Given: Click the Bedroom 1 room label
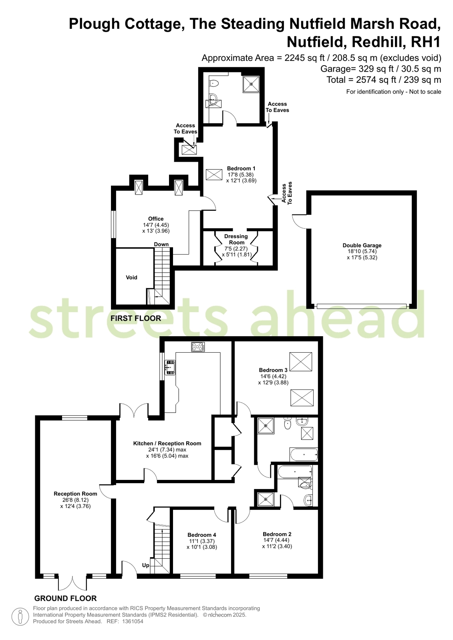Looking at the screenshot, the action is click(241, 169).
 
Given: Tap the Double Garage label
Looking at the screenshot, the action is click(362, 245).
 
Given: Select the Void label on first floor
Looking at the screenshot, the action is click(131, 277).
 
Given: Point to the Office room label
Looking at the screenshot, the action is click(156, 219).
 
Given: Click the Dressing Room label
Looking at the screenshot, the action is click(236, 239).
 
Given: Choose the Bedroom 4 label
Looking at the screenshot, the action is click(201, 535).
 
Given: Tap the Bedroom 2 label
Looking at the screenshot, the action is click(277, 534).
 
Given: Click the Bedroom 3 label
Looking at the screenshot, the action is click(273, 370).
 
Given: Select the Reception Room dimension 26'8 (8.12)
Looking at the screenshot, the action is click(75, 500).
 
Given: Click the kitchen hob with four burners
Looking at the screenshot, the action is click(198, 347).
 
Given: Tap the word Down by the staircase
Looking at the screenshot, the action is click(161, 244).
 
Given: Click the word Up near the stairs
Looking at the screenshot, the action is click(145, 566).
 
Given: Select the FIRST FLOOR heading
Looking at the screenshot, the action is click(136, 318).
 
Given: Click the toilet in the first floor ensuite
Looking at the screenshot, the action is click(213, 83).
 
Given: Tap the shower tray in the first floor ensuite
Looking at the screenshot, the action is click(251, 84).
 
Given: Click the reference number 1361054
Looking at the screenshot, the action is click(133, 622).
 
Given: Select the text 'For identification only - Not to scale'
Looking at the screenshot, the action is click(393, 92).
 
